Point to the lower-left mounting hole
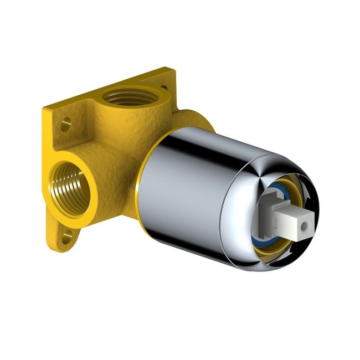click(x=68, y=239)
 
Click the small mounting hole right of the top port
click(x=166, y=87)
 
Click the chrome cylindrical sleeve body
click(x=183, y=183)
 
